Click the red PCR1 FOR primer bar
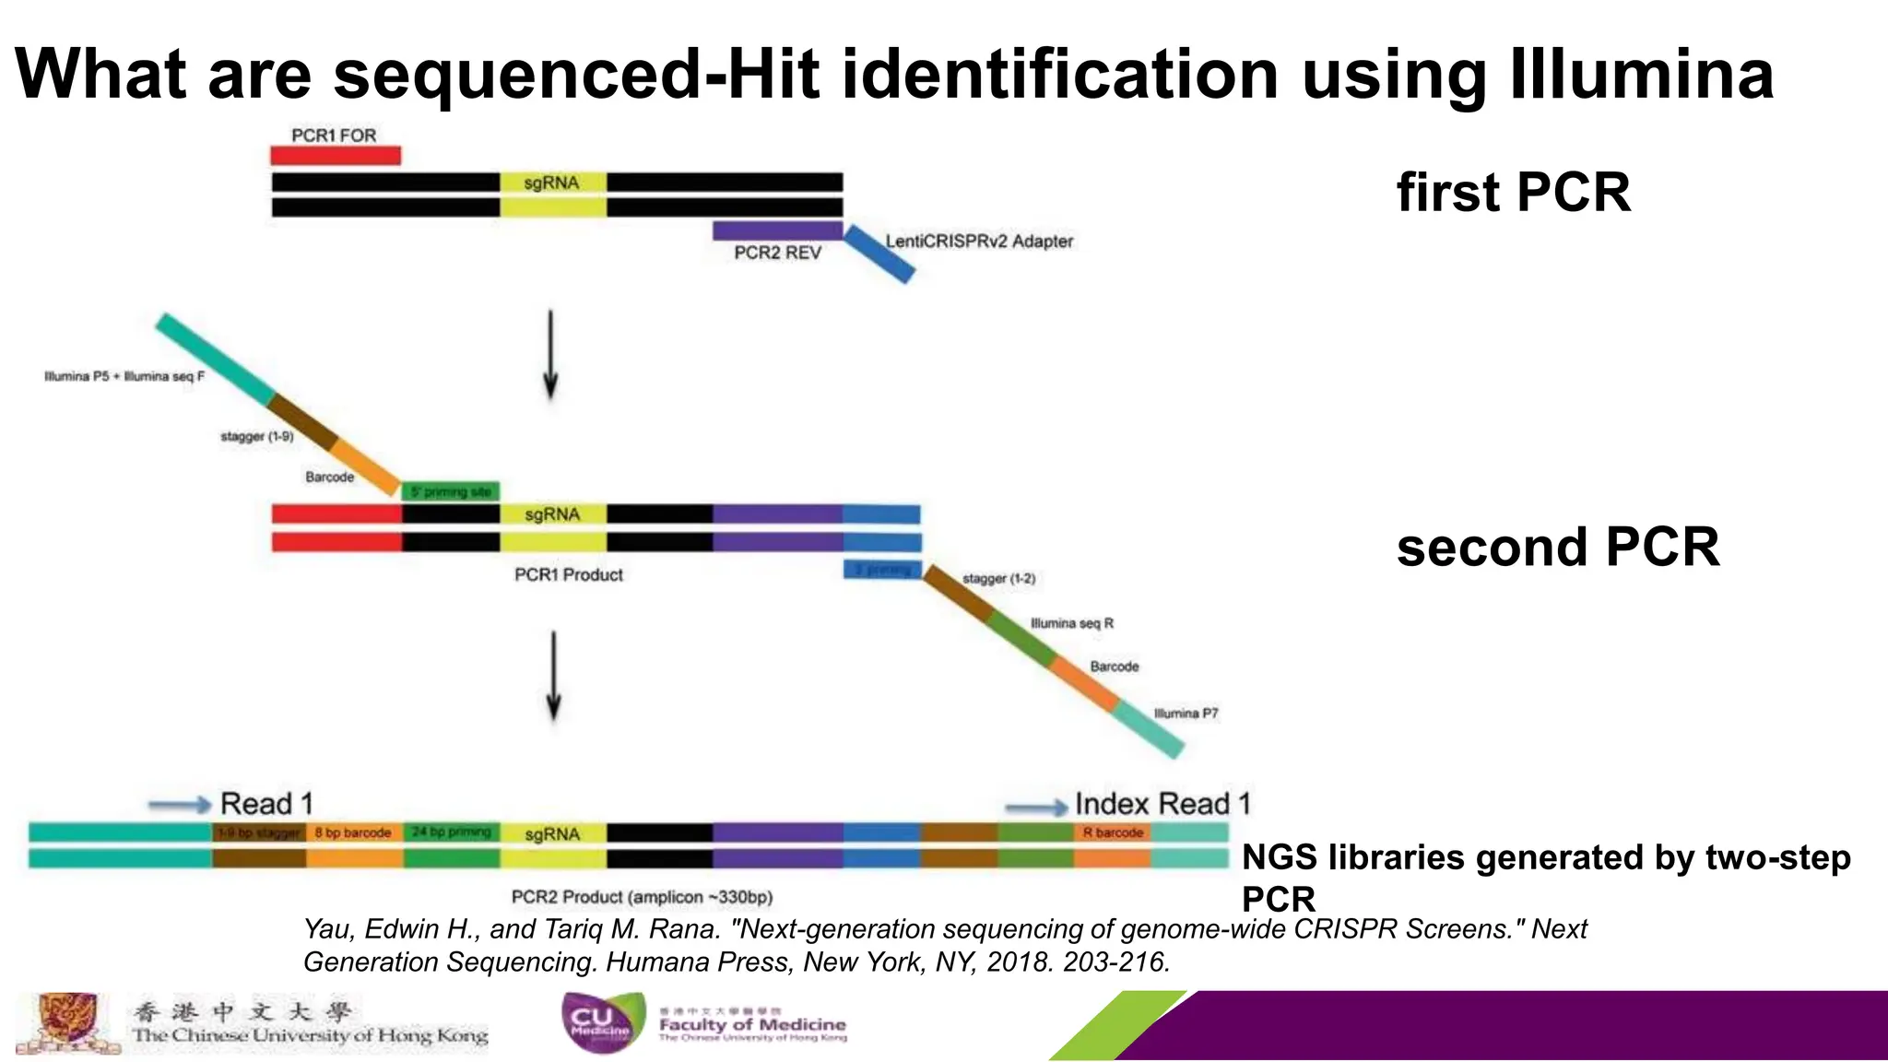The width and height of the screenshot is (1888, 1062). [336, 155]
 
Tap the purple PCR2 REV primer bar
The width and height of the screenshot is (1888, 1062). [777, 230]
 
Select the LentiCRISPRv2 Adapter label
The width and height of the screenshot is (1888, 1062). [979, 242]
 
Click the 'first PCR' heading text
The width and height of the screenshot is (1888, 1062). [1513, 193]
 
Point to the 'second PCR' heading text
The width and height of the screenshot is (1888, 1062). [1557, 547]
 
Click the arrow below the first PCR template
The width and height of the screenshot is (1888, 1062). [550, 354]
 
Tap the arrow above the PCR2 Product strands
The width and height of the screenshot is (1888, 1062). [553, 676]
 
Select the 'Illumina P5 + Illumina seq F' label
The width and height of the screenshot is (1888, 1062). [124, 376]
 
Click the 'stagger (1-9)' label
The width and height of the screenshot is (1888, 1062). [257, 436]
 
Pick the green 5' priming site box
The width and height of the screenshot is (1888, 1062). [452, 491]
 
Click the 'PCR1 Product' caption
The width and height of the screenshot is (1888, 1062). [568, 575]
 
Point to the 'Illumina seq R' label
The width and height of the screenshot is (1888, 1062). [1071, 624]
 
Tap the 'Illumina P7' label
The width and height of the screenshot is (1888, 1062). [1186, 714]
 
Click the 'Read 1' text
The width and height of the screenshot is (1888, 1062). [266, 804]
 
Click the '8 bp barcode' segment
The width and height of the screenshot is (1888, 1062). [353, 832]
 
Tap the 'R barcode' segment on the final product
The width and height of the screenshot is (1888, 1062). [1112, 832]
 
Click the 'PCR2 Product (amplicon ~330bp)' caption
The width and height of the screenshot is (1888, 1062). [642, 897]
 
